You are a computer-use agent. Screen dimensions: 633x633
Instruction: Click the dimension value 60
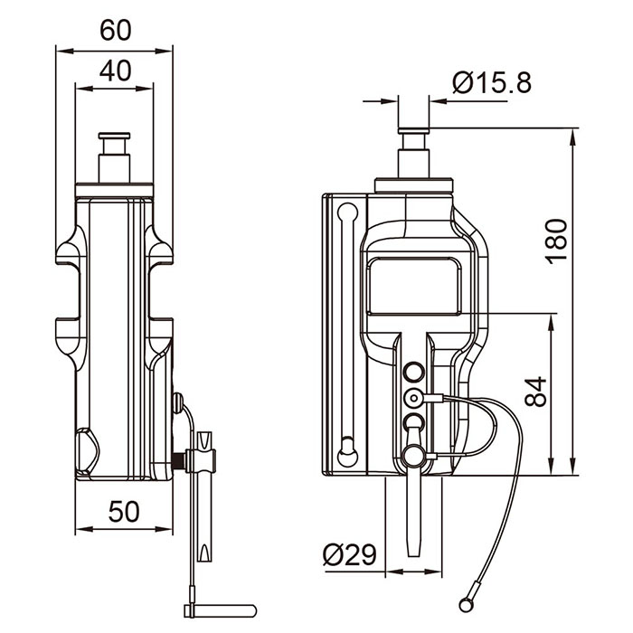[116, 30]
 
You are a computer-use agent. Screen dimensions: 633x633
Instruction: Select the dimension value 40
[116, 71]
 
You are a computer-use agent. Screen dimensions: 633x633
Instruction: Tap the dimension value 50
[124, 512]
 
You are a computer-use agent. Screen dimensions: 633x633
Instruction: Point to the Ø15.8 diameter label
[492, 83]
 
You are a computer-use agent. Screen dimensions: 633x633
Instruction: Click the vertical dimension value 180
[556, 241]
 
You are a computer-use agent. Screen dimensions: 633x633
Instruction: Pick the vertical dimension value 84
[535, 392]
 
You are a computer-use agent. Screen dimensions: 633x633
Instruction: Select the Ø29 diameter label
[350, 554]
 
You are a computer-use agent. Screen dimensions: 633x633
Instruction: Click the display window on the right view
[414, 286]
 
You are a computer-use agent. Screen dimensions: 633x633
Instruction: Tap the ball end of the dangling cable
[466, 605]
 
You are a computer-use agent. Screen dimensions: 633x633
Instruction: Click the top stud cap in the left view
[114, 136]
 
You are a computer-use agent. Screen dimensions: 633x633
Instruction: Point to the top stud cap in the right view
[413, 131]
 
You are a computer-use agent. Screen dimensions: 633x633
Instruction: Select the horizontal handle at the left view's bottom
[221, 610]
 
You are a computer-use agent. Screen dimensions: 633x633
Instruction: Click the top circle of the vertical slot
[347, 213]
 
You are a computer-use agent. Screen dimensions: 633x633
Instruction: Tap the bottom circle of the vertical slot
[347, 457]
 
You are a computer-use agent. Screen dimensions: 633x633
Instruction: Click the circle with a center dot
[413, 398]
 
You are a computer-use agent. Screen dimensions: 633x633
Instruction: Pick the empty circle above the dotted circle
[413, 372]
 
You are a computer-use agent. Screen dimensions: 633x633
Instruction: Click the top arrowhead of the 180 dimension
[572, 137]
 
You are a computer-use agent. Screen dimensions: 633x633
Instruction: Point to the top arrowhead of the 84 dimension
[552, 322]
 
